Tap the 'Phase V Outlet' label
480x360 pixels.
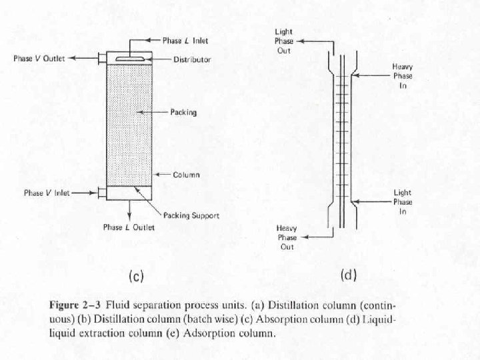[39, 59]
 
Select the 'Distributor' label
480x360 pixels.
[192, 59]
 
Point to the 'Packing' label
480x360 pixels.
[183, 113]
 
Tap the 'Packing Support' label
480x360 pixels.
[191, 215]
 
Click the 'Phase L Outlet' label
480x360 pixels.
[129, 227]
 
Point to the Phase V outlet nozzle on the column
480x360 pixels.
[101, 59]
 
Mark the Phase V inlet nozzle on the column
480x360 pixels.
[101, 193]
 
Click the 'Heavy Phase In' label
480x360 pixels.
[402, 76]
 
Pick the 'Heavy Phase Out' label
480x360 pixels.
[287, 237]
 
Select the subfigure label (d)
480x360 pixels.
[349, 274]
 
